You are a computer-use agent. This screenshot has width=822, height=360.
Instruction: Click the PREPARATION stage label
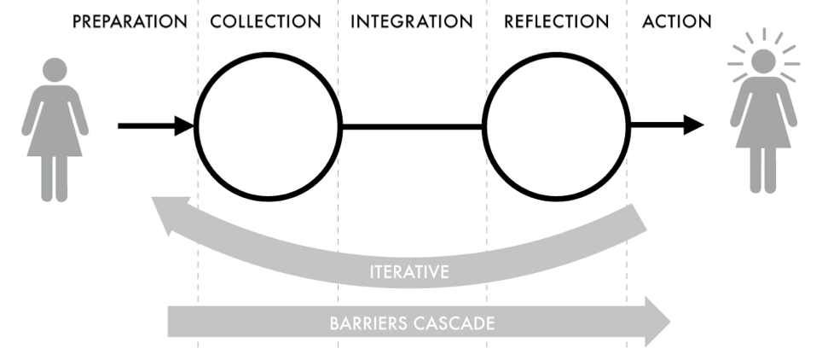(129, 22)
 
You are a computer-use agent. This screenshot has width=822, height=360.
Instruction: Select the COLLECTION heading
(266, 22)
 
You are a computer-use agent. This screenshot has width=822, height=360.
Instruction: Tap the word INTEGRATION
(411, 22)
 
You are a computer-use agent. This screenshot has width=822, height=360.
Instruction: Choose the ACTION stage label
(678, 22)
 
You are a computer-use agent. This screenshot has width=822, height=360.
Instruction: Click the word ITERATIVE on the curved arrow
(410, 273)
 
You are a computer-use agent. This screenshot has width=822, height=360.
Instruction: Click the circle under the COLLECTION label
(268, 126)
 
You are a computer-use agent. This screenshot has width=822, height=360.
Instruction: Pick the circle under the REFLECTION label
(556, 126)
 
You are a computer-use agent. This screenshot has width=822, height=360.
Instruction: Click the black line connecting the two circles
(412, 126)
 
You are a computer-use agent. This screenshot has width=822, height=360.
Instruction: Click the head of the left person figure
(55, 70)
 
